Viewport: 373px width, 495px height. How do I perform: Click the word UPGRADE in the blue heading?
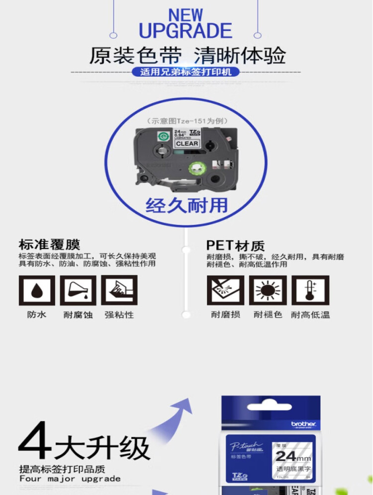point(186,31)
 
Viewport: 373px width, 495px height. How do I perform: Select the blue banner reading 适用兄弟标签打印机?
point(186,72)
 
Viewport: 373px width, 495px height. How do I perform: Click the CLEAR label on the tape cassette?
point(186,144)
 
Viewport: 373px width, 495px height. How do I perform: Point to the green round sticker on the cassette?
point(163,136)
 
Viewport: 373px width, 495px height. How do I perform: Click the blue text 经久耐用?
point(186,205)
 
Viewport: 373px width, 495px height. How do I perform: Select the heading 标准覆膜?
point(49,245)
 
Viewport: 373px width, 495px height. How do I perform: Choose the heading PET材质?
point(235,246)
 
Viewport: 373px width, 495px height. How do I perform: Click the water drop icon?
point(37,291)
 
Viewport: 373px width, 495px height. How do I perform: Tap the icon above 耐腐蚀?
point(78,291)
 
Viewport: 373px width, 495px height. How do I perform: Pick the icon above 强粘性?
point(119,291)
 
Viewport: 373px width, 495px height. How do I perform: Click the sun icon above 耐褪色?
point(268,291)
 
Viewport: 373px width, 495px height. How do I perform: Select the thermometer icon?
point(310,291)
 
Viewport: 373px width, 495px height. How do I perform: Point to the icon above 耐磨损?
point(225,291)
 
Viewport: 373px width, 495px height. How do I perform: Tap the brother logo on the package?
point(303,424)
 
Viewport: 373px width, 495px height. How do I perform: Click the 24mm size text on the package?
point(293,456)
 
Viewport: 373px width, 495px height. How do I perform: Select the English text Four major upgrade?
point(70,479)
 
